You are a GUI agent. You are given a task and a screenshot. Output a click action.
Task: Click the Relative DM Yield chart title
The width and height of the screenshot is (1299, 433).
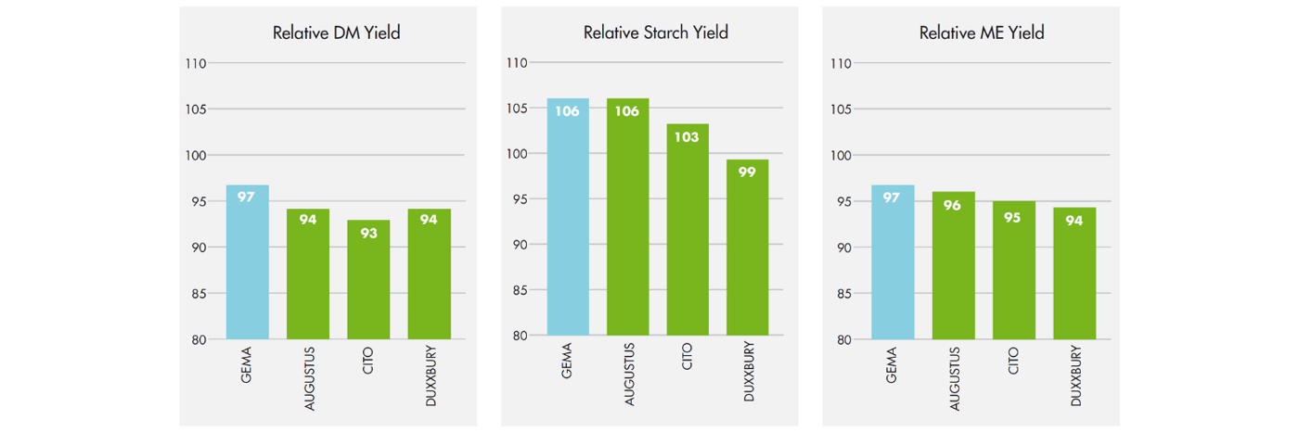pos(336,32)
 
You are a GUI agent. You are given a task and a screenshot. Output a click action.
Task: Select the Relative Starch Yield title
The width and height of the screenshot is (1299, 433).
pos(655,32)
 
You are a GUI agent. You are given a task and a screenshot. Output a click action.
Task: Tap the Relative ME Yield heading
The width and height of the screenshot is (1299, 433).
pos(982,32)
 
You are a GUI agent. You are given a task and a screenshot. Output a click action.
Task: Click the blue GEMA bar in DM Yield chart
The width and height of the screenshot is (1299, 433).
pos(247,264)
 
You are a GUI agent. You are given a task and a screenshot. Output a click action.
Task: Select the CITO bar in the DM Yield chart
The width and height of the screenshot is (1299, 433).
pos(368,283)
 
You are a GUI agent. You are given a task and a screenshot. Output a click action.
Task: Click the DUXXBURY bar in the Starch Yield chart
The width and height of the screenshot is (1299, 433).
pos(747,250)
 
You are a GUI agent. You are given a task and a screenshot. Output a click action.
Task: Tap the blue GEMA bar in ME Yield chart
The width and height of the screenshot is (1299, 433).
pos(893,264)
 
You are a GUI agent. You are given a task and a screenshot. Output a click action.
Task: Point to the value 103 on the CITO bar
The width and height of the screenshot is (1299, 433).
pos(688,136)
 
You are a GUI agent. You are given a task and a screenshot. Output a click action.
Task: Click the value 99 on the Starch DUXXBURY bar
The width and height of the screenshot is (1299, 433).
pos(747,172)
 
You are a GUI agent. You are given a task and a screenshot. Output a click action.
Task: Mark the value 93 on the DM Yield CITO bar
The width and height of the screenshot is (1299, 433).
pos(368,233)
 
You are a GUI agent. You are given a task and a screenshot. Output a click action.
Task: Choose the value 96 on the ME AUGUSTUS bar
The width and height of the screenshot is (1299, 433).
pos(953,205)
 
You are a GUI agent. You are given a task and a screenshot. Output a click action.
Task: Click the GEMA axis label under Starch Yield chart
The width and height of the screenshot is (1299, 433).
pos(568,362)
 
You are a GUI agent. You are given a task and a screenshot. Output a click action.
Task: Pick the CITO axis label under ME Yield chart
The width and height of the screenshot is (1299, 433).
pos(1014,359)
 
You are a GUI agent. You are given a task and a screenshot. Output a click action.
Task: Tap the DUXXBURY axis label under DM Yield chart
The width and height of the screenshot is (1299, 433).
pos(430,376)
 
